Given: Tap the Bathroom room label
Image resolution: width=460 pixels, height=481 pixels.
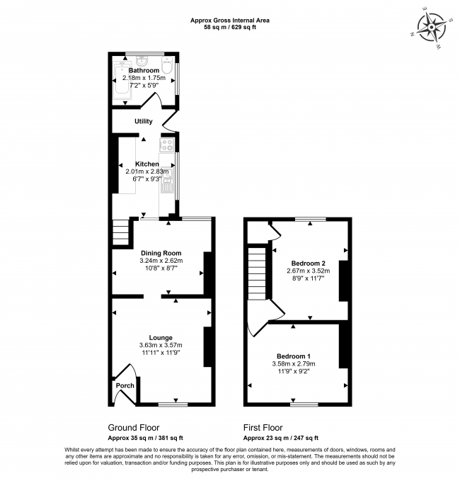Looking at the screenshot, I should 144,71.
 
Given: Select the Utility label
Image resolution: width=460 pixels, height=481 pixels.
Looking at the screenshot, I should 144,121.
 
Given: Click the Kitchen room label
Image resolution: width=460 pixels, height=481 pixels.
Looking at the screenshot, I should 147,164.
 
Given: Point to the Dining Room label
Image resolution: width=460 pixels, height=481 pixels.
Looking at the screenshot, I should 161,253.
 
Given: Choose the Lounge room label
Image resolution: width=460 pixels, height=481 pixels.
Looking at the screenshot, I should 161,338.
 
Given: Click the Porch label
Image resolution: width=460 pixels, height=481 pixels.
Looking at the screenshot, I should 125,385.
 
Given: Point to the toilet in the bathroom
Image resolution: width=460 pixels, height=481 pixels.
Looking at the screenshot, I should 166,67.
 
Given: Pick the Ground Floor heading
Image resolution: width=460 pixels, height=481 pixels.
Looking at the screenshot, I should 133,428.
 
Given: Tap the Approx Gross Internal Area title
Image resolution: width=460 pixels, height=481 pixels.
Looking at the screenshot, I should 230,21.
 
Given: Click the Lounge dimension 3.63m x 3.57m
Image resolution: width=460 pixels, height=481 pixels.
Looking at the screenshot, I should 161,345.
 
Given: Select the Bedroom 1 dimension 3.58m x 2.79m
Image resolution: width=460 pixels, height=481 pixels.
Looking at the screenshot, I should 294,363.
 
